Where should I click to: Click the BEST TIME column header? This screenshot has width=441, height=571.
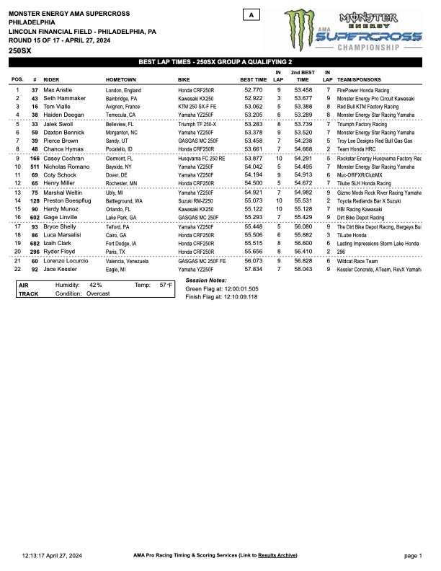point(253,79)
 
